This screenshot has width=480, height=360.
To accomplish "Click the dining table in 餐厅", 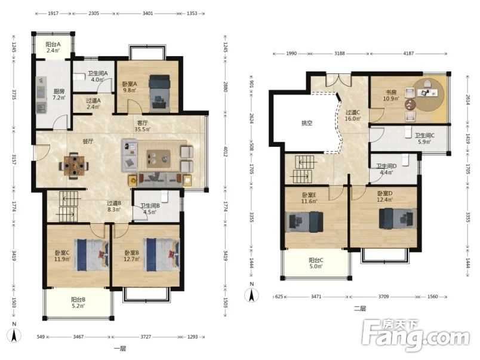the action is click(x=74, y=166).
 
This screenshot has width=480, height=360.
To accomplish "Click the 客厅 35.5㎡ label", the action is click(x=142, y=126).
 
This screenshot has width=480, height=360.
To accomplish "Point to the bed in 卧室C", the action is click(x=91, y=255).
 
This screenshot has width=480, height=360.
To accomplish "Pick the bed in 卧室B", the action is click(x=162, y=255).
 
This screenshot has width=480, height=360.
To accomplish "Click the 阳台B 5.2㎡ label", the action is click(x=78, y=303).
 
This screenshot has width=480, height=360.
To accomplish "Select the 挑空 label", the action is click(x=307, y=123).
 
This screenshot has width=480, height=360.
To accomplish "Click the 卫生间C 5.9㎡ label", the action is click(x=424, y=139).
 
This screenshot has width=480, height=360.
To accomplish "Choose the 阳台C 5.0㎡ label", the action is click(x=316, y=263).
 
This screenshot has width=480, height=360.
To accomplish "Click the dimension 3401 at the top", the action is click(x=147, y=14).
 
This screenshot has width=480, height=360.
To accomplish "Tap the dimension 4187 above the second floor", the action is click(x=408, y=53).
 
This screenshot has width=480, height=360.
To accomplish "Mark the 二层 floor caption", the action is click(x=359, y=309).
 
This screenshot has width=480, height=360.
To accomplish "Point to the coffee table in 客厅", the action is click(x=158, y=158).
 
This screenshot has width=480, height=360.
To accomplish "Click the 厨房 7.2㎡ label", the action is click(x=59, y=94).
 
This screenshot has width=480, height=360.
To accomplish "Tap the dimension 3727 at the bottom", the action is click(x=146, y=337).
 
